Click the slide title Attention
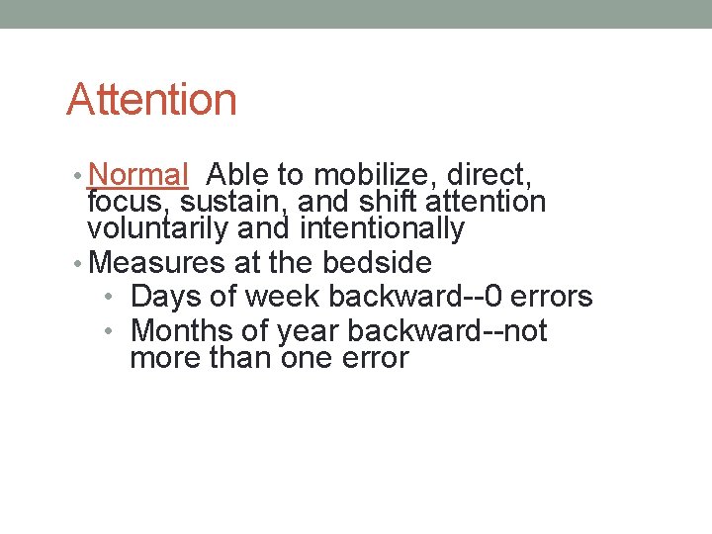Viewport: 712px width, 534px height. pos(151,100)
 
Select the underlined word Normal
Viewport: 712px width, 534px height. pos(137,176)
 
